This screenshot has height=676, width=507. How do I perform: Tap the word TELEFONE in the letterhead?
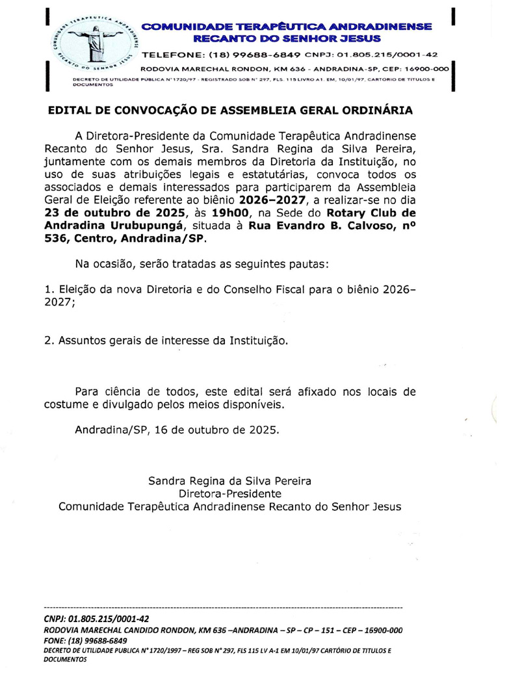[175, 54]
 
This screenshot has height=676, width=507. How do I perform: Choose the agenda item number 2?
[47, 340]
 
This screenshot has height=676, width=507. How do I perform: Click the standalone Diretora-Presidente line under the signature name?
[230, 493]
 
